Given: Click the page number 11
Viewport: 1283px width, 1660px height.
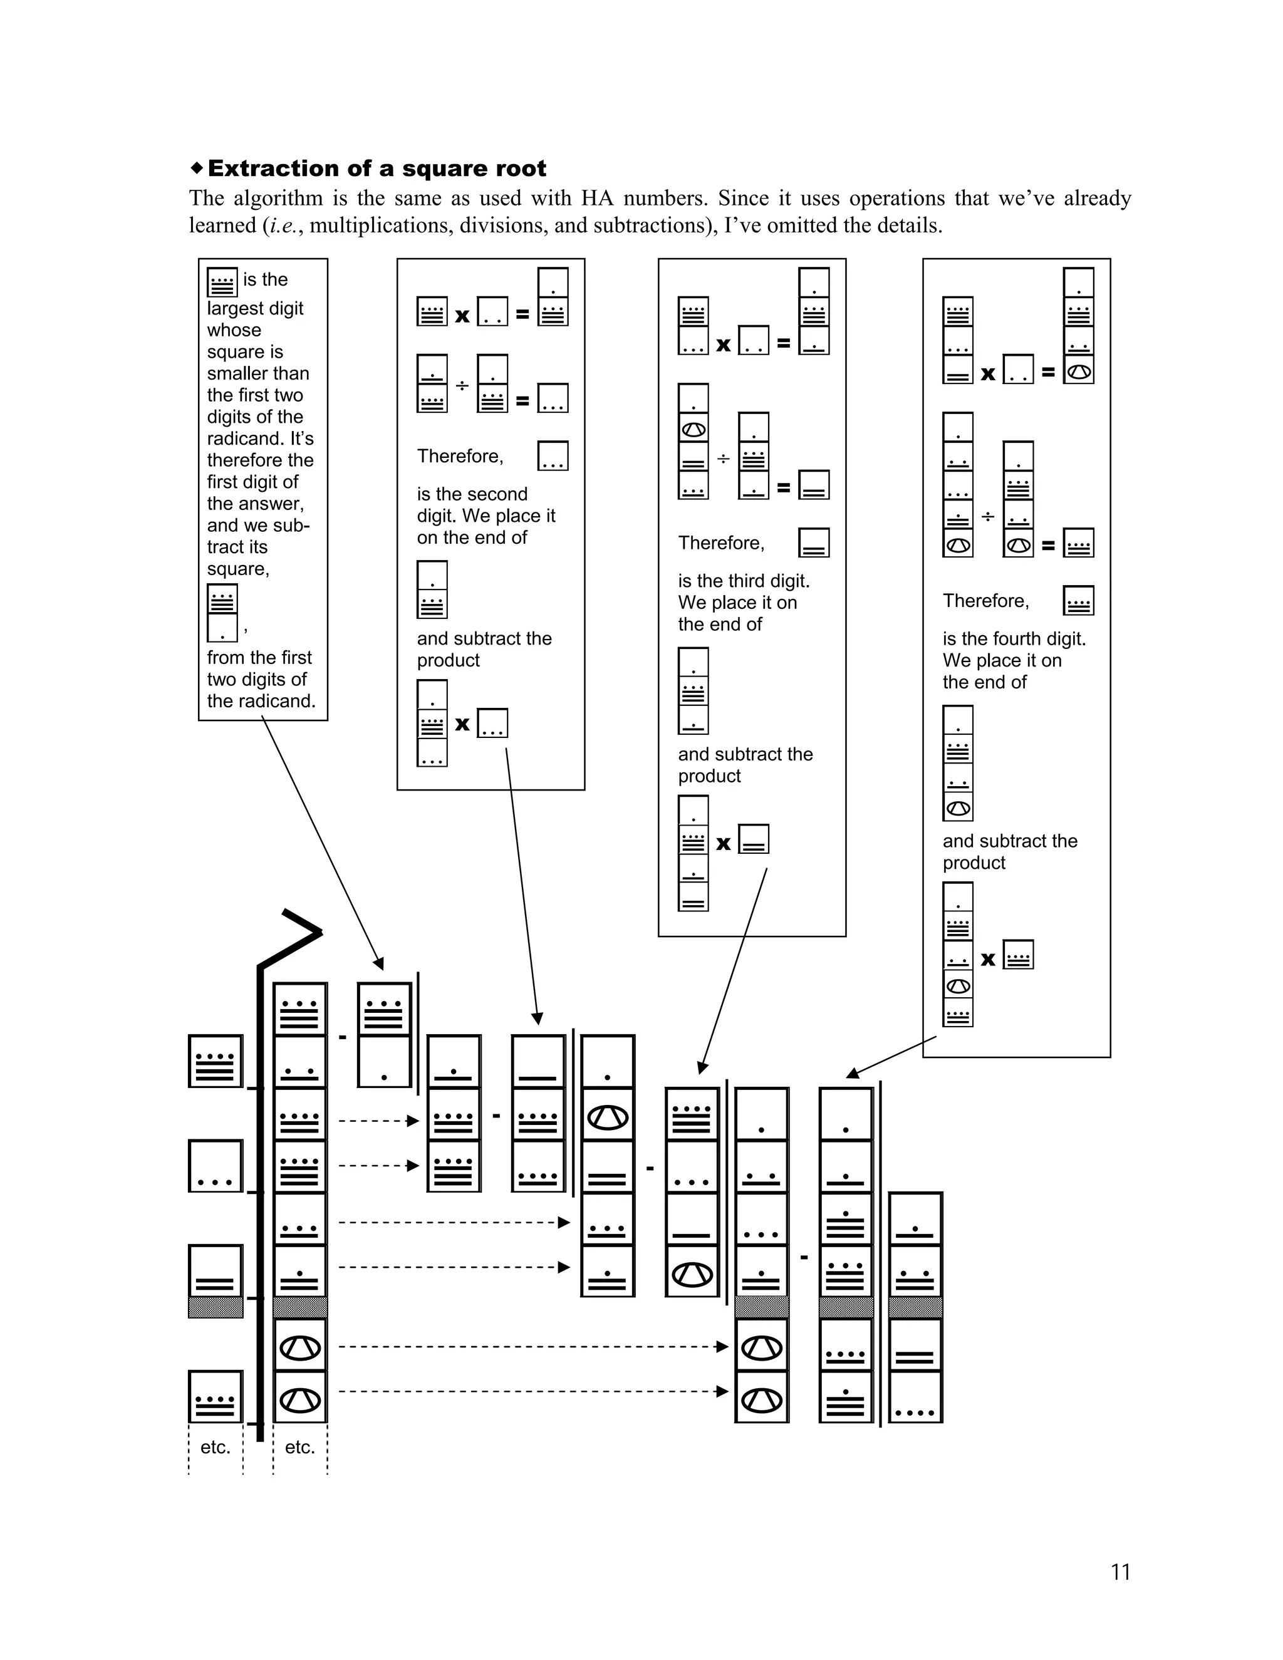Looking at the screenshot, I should tap(1120, 1571).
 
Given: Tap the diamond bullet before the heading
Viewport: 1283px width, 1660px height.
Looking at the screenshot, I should tap(197, 167).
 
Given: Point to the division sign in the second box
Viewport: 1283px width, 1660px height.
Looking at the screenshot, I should tap(461, 386).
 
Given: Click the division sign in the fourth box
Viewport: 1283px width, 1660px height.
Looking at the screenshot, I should tap(987, 517).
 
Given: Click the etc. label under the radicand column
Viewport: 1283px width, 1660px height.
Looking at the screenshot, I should tap(299, 1447).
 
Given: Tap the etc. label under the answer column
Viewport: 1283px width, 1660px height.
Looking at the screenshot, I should tap(215, 1447).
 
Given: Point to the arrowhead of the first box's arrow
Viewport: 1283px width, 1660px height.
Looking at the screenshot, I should tap(378, 964).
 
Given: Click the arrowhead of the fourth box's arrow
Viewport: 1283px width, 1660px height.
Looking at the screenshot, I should tap(853, 1072).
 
